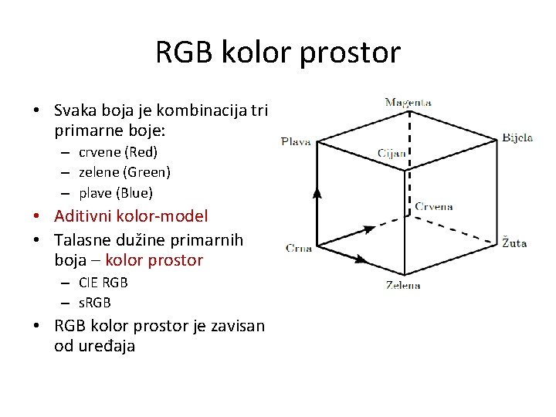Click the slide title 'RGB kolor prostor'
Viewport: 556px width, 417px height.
[278, 53]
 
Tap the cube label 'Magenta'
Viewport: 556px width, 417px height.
[408, 102]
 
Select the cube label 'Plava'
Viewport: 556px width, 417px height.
[296, 141]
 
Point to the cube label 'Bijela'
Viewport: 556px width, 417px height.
[517, 137]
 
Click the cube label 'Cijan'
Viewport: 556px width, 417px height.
[392, 153]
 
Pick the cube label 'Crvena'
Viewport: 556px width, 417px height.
[434, 206]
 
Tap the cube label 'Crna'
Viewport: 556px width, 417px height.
[298, 248]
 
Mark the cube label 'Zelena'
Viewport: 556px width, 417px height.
[403, 286]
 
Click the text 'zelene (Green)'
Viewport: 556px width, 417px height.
[124, 172]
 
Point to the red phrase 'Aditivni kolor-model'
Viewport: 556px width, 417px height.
[131, 216]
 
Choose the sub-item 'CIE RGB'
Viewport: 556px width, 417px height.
[103, 282]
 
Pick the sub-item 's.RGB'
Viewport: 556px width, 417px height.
[95, 302]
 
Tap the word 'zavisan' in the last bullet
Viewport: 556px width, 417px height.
[239, 325]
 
